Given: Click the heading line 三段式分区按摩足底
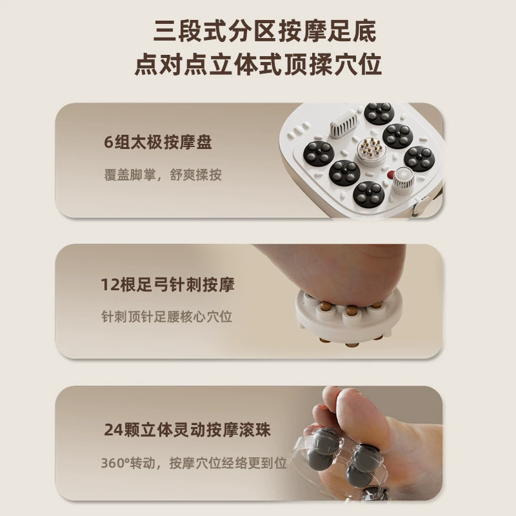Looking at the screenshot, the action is tap(265, 31).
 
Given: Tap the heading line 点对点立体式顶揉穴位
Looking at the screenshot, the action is tap(258, 64).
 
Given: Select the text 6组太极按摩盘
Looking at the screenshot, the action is tap(158, 142).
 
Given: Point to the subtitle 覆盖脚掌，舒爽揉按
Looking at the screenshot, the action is tap(163, 175).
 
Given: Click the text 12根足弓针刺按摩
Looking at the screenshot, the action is tap(168, 284).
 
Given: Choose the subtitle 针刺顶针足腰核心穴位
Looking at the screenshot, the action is tap(167, 317).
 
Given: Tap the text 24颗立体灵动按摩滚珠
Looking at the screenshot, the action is tap(187, 430).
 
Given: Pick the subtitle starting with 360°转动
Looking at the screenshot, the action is tap(194, 463).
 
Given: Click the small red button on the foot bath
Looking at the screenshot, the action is tap(391, 174).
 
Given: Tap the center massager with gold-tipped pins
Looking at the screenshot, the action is tap(372, 151).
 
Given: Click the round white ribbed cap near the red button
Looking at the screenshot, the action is tap(404, 179).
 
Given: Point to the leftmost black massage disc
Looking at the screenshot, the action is tap(319, 153).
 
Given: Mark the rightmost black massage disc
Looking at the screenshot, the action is tap(419, 159).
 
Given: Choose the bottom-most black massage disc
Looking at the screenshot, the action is tap(368, 194).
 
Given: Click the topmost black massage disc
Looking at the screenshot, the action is tap(379, 113).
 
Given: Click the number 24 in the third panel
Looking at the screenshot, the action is tap(114, 430).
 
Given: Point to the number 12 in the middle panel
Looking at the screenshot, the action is tap(110, 285).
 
